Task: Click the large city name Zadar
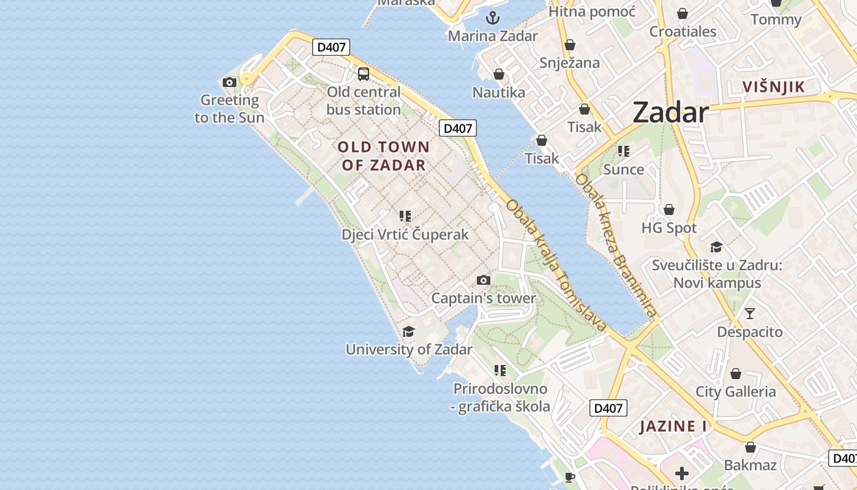[670, 113]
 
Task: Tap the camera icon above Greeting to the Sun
[230, 82]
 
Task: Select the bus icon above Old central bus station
[364, 74]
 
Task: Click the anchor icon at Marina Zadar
[493, 17]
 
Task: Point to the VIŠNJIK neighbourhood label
[773, 87]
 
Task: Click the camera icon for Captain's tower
[484, 280]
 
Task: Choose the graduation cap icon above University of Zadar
[408, 331]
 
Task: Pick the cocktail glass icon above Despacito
[750, 314]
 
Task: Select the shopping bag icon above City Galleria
[736, 373]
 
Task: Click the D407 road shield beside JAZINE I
[608, 408]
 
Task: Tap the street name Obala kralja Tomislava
[556, 265]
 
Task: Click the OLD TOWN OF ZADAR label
[384, 156]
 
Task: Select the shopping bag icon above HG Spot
[669, 209]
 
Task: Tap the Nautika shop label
[499, 92]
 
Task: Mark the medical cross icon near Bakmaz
[681, 473]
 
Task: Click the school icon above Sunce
[624, 151]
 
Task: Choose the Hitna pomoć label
[592, 12]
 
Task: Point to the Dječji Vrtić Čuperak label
[405, 235]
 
